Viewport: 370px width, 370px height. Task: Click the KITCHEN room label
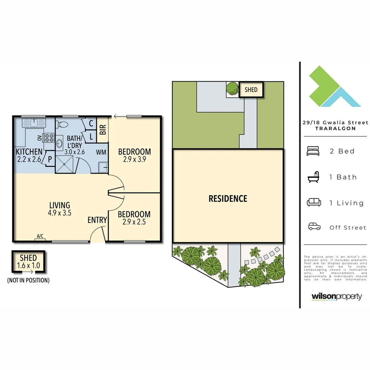pos(29,151)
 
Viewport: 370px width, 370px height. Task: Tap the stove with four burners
pos(49,138)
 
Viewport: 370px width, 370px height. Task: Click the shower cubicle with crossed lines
pos(64,164)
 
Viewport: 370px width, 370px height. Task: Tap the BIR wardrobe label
pos(102,129)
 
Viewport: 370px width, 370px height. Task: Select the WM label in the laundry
pos(101,152)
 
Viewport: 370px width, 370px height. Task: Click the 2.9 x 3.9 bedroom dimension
pos(134,159)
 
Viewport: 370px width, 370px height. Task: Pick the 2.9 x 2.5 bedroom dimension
pos(134,222)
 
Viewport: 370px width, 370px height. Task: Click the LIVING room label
pos(60,205)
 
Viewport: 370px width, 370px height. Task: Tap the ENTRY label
pos(97,220)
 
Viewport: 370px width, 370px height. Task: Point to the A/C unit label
pos(40,236)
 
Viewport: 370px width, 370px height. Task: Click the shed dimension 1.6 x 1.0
pos(29,265)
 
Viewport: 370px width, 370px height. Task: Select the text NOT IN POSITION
pos(28,280)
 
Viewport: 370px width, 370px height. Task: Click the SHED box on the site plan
pos(251,90)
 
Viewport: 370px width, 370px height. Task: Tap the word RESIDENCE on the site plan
pos(228,198)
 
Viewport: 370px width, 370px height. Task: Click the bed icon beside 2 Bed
pos(313,151)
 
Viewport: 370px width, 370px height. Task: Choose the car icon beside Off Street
pos(314,227)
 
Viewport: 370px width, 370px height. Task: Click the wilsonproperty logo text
pos(336,296)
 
